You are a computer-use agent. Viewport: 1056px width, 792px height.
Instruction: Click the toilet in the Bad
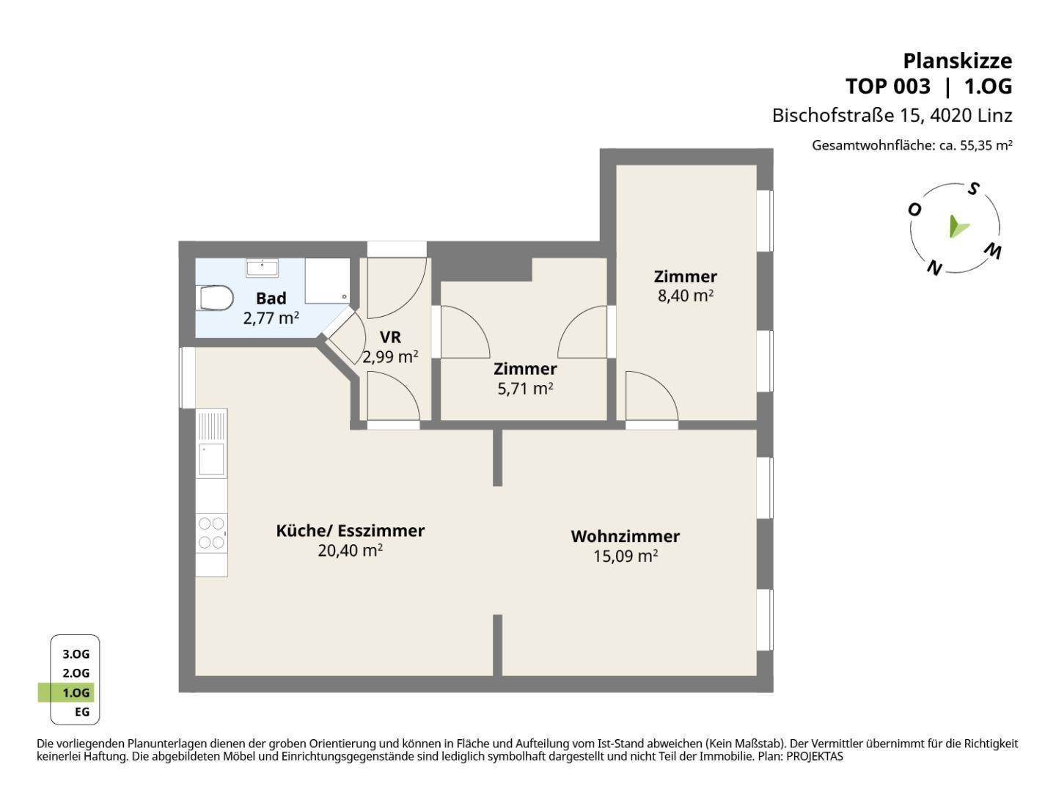(x=216, y=298)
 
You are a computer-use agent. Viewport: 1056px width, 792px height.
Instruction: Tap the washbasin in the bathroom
(x=263, y=268)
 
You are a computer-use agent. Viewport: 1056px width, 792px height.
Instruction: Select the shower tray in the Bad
(x=327, y=281)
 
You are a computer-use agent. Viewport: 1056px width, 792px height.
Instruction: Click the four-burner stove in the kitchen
(x=212, y=533)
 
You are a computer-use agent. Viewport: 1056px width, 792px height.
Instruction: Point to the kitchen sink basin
(x=212, y=459)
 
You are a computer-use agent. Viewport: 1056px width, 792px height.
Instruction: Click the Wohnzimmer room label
(x=625, y=536)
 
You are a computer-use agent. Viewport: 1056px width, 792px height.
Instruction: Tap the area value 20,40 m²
(x=351, y=551)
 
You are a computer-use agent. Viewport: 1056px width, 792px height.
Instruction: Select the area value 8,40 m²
(x=685, y=296)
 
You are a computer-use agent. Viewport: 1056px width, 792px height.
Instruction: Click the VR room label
(x=390, y=337)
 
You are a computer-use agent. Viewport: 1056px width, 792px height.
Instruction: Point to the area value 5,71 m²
(x=525, y=389)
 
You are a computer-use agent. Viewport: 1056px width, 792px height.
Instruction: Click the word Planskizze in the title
(x=958, y=62)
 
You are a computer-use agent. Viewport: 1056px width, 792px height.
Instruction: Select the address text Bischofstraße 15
(x=848, y=115)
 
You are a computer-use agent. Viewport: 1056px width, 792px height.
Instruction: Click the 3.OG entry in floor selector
(x=76, y=654)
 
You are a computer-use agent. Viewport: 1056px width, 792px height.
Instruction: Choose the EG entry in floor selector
(x=82, y=711)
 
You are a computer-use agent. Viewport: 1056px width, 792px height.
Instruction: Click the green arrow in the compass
(x=958, y=227)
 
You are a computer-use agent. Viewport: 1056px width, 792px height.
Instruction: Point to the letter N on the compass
(x=934, y=268)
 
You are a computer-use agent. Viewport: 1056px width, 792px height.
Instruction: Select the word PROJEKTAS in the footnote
(x=815, y=756)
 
